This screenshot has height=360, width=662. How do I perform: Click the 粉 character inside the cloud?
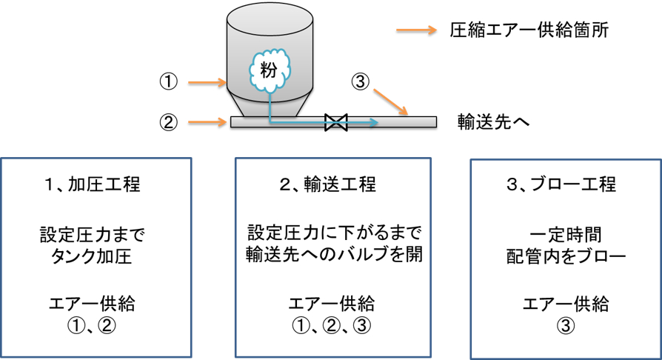click(x=269, y=70)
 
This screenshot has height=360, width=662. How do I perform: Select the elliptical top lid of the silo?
click(x=270, y=18)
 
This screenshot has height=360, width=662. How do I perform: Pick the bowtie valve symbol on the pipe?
click(x=336, y=122)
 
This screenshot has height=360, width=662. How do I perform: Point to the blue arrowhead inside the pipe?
click(x=373, y=122)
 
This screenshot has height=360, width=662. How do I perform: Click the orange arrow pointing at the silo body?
click(x=207, y=82)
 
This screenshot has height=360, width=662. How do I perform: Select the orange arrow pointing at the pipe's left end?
click(x=207, y=121)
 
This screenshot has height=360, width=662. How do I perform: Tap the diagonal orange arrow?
click(x=389, y=101)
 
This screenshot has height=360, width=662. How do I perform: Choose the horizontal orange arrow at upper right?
click(x=415, y=30)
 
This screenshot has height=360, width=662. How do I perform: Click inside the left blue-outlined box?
click(x=96, y=257)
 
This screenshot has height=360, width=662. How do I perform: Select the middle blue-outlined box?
click(x=332, y=257)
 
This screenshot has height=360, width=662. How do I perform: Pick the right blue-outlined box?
click(x=566, y=259)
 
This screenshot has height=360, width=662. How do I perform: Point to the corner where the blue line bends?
click(x=270, y=122)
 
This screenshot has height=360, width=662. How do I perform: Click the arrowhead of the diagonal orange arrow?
click(x=404, y=112)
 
